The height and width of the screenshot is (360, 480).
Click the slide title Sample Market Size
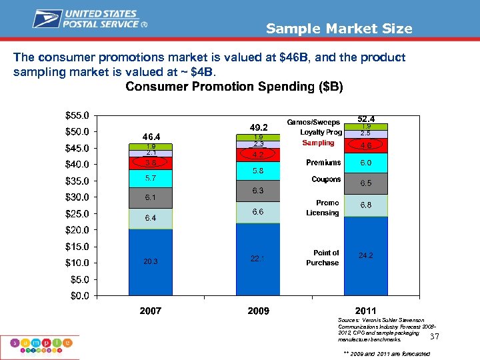339,29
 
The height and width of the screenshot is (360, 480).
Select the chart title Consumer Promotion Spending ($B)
234,87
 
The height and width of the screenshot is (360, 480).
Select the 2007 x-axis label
150,311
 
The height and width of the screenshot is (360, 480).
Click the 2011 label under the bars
365,311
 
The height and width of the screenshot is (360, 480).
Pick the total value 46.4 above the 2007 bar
150,137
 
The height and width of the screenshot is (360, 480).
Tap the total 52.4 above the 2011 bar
366,119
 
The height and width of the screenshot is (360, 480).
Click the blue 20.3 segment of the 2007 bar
150,262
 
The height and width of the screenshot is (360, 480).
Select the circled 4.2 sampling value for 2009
258,155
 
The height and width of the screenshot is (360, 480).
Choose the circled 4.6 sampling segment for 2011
366,145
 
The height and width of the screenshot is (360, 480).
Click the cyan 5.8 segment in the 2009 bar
258,171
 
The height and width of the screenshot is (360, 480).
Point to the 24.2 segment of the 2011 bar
366,255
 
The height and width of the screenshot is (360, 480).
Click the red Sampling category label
318,143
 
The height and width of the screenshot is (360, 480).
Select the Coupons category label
326,179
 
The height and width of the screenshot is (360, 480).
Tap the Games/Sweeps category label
313,123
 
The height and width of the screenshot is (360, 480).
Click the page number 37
435,337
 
